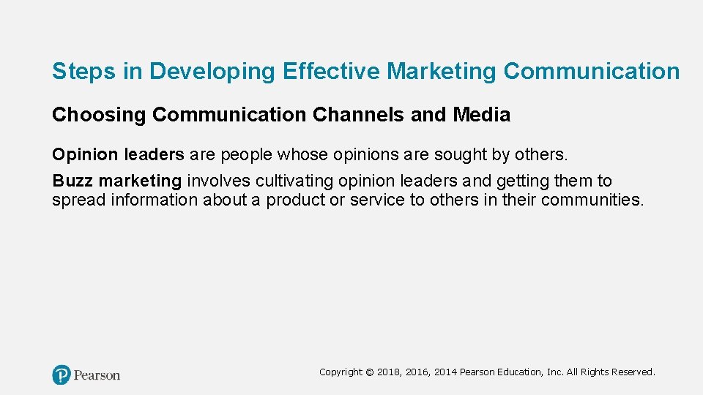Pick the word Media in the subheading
click(482, 116)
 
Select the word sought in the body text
click(455, 156)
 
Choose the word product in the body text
click(295, 200)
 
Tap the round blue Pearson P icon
click(62, 375)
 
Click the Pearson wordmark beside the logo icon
click(97, 375)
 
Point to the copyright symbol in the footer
click(369, 372)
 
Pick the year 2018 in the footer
click(388, 372)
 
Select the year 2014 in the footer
click(446, 372)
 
